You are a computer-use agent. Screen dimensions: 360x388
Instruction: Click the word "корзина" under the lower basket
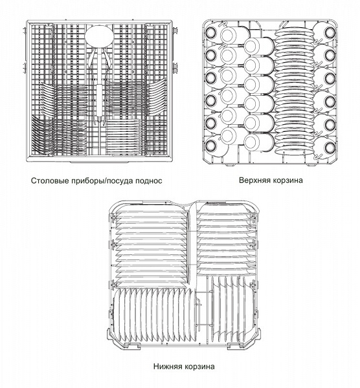[199, 367]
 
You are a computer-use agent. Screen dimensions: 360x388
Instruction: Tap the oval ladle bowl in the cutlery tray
[99, 36]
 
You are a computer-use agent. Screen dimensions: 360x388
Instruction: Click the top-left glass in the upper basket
[211, 32]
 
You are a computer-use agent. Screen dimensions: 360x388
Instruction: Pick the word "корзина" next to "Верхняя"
[287, 180]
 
